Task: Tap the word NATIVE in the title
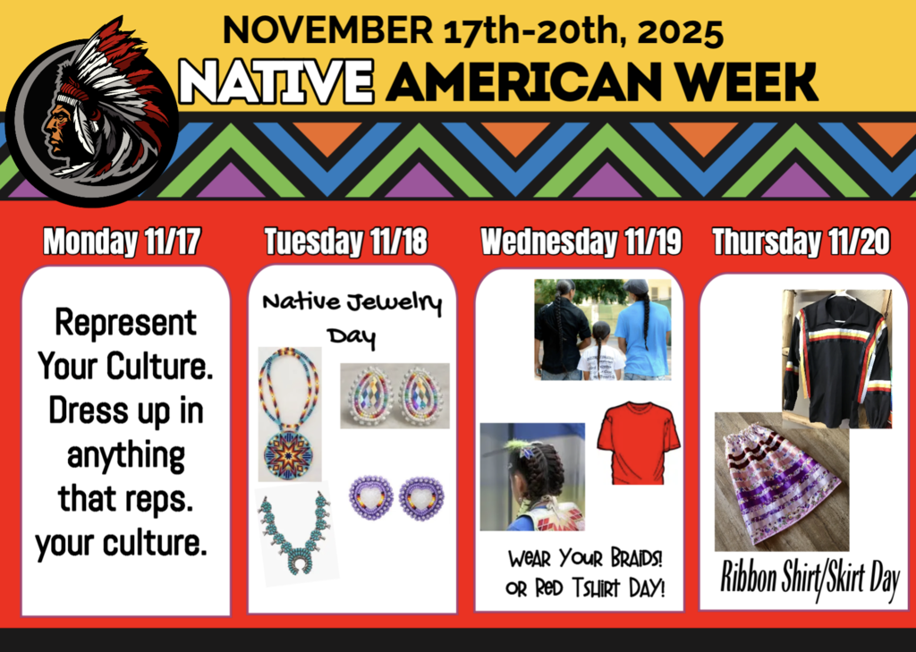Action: point(276,82)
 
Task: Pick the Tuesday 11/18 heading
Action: point(346,241)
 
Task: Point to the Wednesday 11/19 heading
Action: point(581,241)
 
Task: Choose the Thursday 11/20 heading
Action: point(802,241)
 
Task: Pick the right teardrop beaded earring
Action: point(420,396)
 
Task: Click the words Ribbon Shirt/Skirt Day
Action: point(810,580)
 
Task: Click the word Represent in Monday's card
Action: point(125,323)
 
